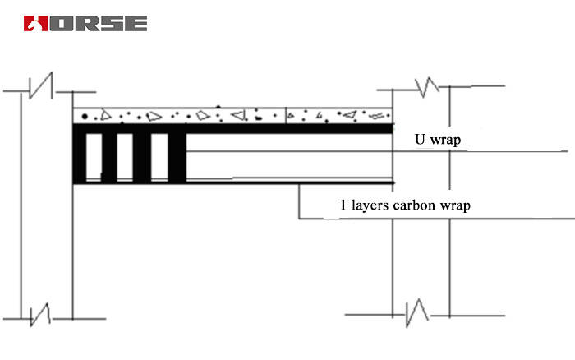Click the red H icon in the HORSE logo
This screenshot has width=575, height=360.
(34, 23)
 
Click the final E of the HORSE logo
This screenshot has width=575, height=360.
(136, 23)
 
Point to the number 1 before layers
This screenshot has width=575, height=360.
(343, 205)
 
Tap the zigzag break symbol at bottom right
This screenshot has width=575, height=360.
(418, 313)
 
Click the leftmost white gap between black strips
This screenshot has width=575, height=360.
(94, 156)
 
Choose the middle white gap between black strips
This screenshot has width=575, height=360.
(125, 156)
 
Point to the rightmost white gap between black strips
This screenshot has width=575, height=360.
(159, 156)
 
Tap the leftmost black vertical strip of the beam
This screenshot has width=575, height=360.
(80, 156)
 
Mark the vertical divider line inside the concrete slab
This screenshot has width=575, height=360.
(284, 116)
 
